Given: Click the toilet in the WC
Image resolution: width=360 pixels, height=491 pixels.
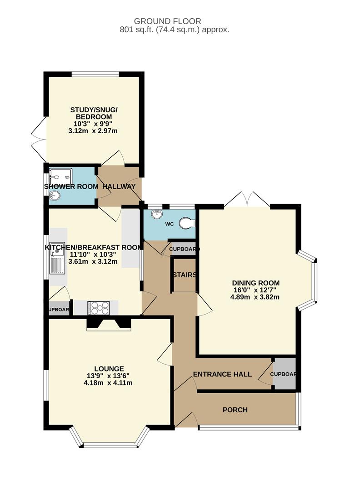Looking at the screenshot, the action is click(187, 223).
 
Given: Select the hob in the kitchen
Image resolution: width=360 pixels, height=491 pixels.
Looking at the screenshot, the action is click(98, 307).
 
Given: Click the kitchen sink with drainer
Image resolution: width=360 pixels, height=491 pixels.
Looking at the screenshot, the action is click(57, 258).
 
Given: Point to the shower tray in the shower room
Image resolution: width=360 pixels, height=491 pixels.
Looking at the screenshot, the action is click(61, 177).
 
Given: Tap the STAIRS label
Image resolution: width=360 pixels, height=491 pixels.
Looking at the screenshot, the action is click(185, 275).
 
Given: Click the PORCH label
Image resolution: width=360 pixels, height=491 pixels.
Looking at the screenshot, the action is click(235, 410).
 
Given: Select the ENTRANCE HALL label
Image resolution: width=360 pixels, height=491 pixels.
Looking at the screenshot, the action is click(222, 374).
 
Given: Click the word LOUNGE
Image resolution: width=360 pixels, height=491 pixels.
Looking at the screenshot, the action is click(109, 369).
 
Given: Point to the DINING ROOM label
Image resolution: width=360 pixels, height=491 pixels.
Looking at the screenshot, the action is click(256, 283).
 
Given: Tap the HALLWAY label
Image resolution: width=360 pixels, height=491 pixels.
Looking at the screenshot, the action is click(119, 186).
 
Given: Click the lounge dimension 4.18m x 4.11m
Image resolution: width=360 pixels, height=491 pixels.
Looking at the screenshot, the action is click(108, 383).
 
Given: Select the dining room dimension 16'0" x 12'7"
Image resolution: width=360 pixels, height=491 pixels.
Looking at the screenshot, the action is click(255, 290).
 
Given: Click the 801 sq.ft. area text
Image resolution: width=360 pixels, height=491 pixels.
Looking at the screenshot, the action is click(175, 30).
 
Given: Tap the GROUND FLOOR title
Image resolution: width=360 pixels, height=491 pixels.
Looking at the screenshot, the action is click(167, 21).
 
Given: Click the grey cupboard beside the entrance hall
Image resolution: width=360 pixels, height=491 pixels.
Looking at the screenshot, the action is click(284, 374).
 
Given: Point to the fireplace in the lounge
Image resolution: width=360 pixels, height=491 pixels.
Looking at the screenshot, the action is click(108, 324).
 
